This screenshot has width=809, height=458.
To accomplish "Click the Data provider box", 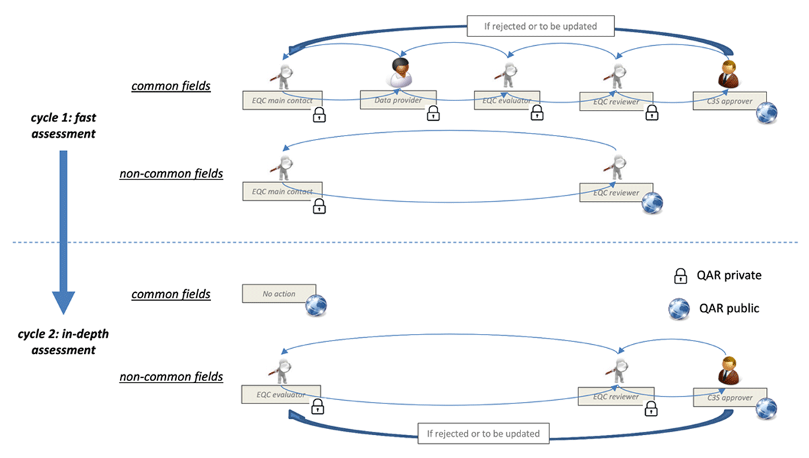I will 398,101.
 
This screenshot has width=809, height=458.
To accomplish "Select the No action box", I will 279,294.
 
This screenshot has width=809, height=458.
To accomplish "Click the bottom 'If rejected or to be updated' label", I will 483,433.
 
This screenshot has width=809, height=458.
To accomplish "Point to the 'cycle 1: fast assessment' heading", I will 63,125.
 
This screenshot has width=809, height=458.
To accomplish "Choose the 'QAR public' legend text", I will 728,308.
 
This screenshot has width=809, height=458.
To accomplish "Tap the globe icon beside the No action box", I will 316,306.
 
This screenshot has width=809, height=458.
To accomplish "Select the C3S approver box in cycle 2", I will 730,398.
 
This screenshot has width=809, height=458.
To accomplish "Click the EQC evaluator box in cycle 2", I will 281,395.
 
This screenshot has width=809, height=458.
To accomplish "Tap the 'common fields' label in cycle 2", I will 171,294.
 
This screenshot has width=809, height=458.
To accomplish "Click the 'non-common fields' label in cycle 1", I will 171,174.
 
